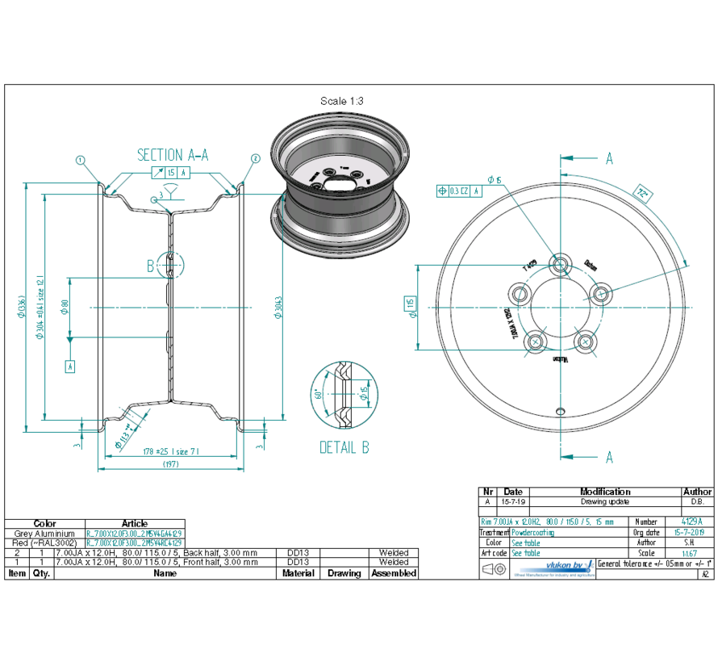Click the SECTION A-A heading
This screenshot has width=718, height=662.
click(x=172, y=155)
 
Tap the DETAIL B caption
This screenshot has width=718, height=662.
click(x=344, y=447)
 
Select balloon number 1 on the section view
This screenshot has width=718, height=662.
click(x=81, y=160)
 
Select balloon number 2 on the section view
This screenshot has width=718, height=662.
click(x=256, y=158)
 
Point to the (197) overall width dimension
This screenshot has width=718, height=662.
click(x=171, y=464)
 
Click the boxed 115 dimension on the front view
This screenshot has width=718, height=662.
click(x=410, y=304)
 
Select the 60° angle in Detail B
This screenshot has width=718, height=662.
click(x=319, y=395)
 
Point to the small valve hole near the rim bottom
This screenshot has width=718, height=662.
click(x=560, y=410)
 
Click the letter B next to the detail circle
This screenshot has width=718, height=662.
click(x=150, y=264)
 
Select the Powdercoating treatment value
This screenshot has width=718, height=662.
click(x=533, y=533)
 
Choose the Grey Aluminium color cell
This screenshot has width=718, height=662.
click(x=44, y=534)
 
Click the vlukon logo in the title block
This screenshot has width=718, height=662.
click(x=553, y=568)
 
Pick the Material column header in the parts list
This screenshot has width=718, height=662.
click(x=298, y=573)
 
